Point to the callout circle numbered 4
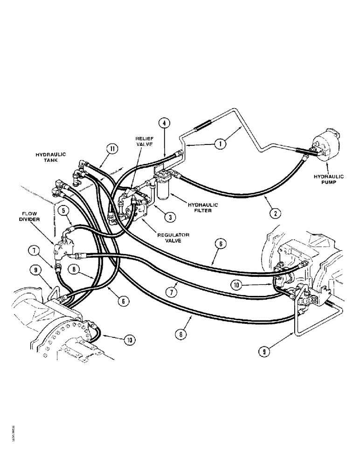coord(164,123)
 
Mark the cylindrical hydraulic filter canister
coord(165,191)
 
